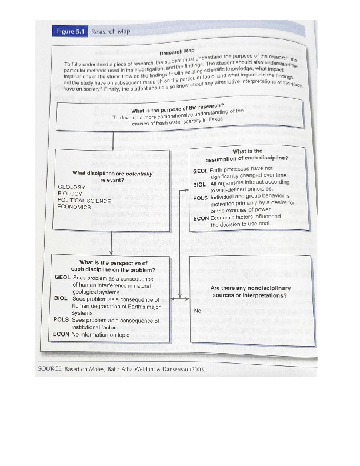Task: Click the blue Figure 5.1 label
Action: click(70, 31)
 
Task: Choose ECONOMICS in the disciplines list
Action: click(74, 208)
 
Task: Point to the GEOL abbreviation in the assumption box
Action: click(201, 171)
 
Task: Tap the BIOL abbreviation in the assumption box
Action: click(199, 184)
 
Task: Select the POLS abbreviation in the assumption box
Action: click(201, 198)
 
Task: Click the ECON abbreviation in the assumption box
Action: click(201, 218)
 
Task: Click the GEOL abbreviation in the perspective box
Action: click(62, 277)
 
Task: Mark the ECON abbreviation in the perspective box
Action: click(61, 334)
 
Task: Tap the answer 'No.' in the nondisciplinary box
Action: click(198, 310)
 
